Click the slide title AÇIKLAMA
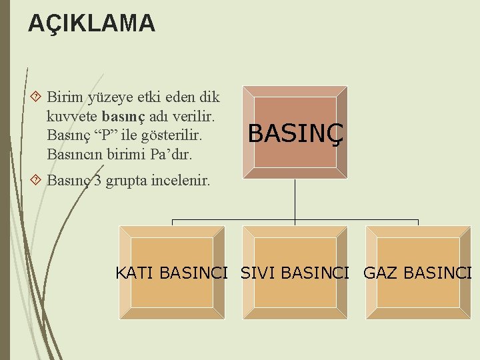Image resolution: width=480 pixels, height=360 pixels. click(x=91, y=24)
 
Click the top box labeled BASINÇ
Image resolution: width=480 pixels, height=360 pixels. click(x=295, y=133)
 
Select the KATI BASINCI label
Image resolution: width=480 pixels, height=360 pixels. click(x=172, y=273)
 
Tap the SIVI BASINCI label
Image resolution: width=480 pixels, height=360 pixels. click(x=295, y=273)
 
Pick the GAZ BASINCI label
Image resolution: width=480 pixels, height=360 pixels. click(x=417, y=273)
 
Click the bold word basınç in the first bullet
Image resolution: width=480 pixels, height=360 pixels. click(x=121, y=116)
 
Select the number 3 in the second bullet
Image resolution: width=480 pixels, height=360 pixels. click(x=97, y=180)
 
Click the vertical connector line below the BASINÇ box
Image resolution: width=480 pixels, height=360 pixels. click(x=295, y=200)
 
